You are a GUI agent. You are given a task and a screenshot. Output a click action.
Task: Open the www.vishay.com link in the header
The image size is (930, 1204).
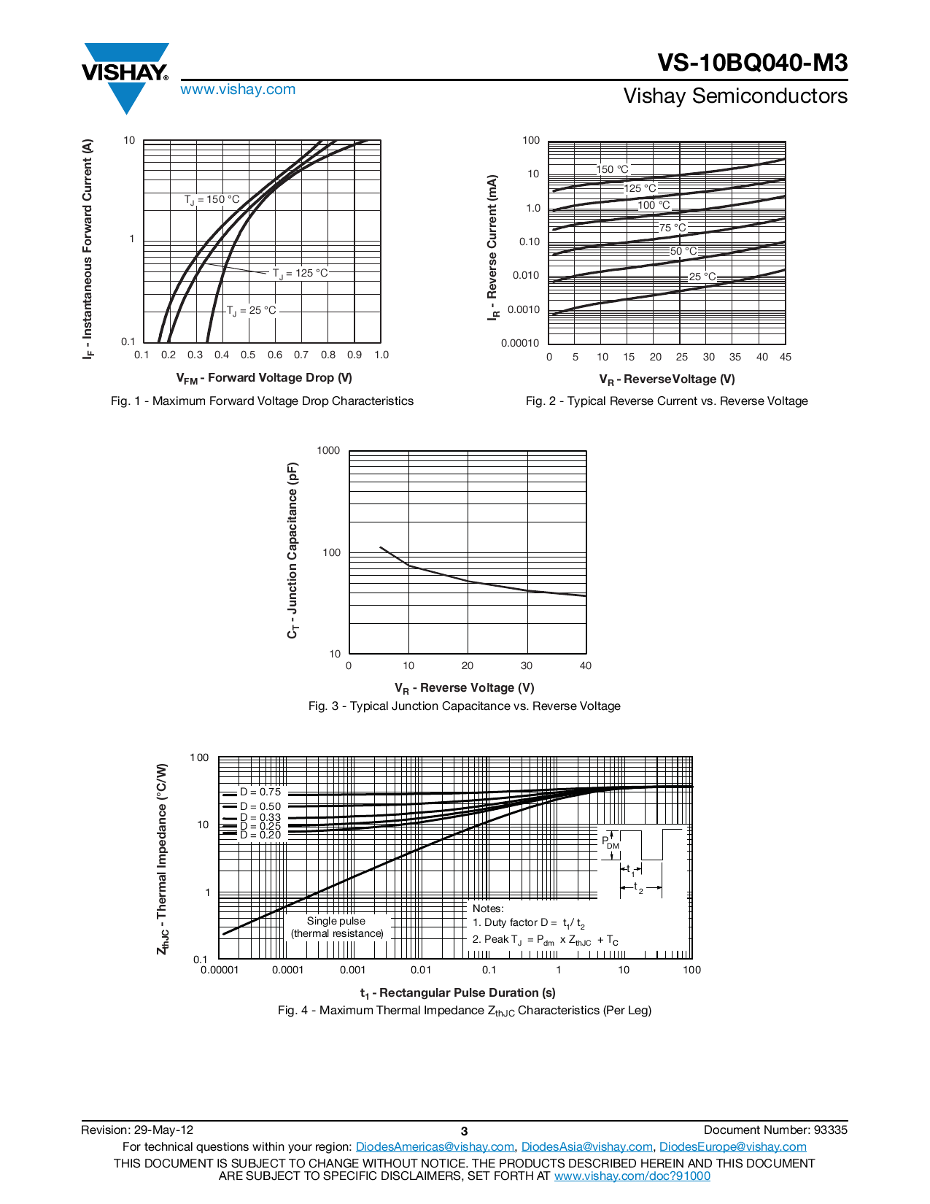[x=238, y=90]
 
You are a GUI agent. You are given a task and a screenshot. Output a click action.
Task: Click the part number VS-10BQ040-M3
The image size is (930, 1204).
[x=752, y=63]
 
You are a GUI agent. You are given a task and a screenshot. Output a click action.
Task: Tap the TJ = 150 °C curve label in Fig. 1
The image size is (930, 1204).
[x=212, y=200]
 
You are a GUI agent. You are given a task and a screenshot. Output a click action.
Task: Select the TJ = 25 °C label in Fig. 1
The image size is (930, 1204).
[x=252, y=311]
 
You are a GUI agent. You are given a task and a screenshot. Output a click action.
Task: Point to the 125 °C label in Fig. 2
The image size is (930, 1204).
[x=640, y=188]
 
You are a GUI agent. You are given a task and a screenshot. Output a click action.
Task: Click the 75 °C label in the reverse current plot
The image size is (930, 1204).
[x=673, y=228]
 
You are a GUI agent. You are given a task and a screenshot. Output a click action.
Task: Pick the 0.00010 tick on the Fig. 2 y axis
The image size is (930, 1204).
[x=520, y=343]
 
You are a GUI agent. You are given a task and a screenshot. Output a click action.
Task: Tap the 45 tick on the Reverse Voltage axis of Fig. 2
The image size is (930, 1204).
[x=785, y=357]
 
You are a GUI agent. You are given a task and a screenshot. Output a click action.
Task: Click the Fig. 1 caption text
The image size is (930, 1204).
[x=262, y=401]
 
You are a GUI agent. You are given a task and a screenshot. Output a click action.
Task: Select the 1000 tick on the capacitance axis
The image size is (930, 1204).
[x=328, y=451]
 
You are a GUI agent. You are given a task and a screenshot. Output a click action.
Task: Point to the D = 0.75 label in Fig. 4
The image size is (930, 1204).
[x=260, y=792]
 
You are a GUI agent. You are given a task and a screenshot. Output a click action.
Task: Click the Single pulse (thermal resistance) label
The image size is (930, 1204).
[x=337, y=927]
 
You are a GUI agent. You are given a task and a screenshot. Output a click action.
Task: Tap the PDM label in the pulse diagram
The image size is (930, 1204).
[x=610, y=843]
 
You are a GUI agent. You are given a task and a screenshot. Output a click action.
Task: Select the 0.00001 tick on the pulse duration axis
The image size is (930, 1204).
[x=220, y=970]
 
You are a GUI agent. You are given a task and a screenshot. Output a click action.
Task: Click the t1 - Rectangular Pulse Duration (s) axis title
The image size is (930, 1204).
[x=457, y=993]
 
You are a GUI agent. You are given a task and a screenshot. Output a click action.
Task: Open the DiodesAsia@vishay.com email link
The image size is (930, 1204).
[x=586, y=1147]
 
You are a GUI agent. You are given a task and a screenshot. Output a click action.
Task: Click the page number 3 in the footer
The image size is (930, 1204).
[x=464, y=1131]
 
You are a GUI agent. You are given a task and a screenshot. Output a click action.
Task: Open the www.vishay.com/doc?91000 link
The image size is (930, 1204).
[x=632, y=1176]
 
